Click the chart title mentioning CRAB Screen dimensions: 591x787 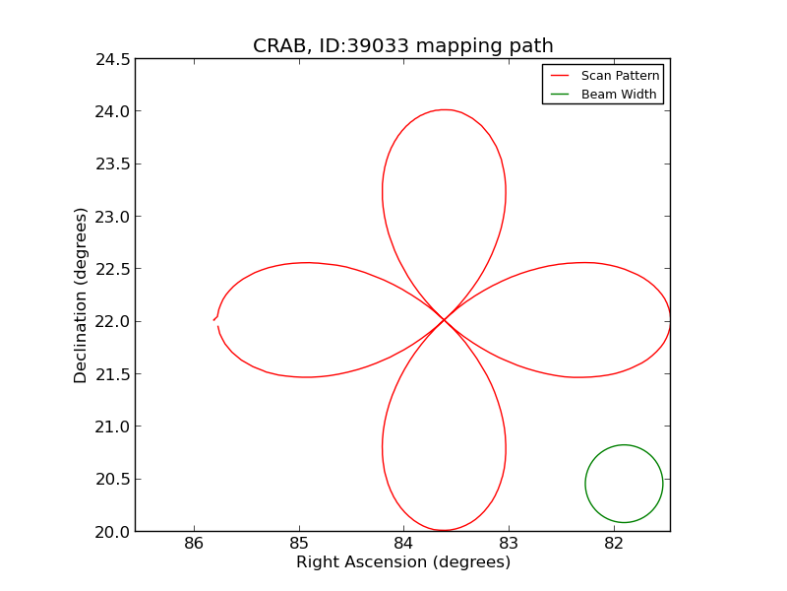coord(402,45)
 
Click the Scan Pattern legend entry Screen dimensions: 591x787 coord(620,75)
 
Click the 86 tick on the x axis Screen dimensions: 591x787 coord(194,544)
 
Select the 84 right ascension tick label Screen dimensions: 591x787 coord(403,544)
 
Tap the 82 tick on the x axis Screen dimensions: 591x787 coord(614,544)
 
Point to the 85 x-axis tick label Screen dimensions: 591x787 coord(299,544)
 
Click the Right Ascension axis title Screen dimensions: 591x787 coord(402,562)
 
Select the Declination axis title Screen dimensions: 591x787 coord(81,295)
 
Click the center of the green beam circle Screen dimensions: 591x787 coord(624,484)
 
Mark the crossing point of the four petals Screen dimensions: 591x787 coord(444,319)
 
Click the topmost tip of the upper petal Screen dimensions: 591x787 coord(445,109)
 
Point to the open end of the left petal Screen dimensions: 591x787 coord(215,320)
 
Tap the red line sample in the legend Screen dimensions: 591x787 coord(560,75)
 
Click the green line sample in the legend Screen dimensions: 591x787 coord(560,94)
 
